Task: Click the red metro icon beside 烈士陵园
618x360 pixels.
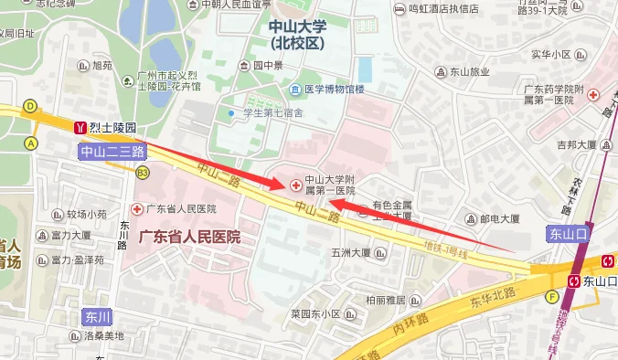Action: click(x=80, y=128)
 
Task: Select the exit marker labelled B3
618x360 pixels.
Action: click(x=142, y=171)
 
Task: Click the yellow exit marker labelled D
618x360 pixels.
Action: click(x=30, y=106)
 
